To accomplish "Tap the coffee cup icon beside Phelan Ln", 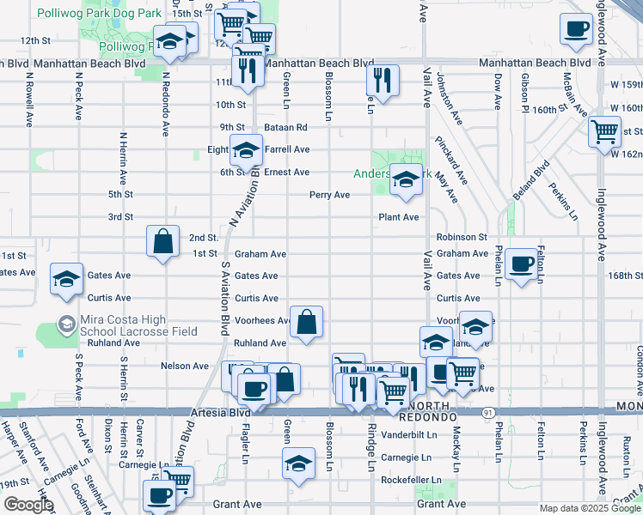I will (x=521, y=264).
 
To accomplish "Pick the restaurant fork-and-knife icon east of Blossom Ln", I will (x=382, y=81).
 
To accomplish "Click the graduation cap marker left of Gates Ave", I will (x=66, y=280).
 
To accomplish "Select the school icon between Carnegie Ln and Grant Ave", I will (x=298, y=463).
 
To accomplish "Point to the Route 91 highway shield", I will (x=488, y=412).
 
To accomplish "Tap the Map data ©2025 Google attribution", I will (x=590, y=508).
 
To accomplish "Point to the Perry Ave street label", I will (x=330, y=195).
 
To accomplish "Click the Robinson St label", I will (x=462, y=237).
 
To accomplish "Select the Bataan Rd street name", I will (x=285, y=127).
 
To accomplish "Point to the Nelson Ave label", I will (x=185, y=366).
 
